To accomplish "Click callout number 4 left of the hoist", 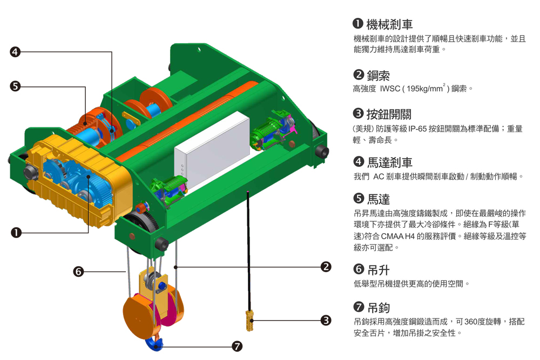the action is click(x=15, y=52).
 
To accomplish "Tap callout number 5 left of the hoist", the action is click(x=15, y=86).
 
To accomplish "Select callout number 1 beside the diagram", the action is click(x=16, y=233).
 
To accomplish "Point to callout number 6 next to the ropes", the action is click(x=78, y=271).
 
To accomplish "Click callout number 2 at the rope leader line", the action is click(x=326, y=267).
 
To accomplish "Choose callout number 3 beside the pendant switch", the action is click(x=326, y=321).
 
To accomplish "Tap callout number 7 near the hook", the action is click(x=237, y=346).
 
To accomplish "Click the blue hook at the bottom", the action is click(x=154, y=344).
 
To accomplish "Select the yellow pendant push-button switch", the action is click(x=249, y=320).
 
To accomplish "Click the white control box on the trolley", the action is click(x=212, y=152).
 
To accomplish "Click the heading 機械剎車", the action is click(x=389, y=24).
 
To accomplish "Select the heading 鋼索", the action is click(x=378, y=76).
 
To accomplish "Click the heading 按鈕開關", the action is click(x=389, y=114).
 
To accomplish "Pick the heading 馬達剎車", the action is click(x=390, y=162).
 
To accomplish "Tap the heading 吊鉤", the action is click(x=379, y=307).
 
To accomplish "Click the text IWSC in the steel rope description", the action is click(x=390, y=89).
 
